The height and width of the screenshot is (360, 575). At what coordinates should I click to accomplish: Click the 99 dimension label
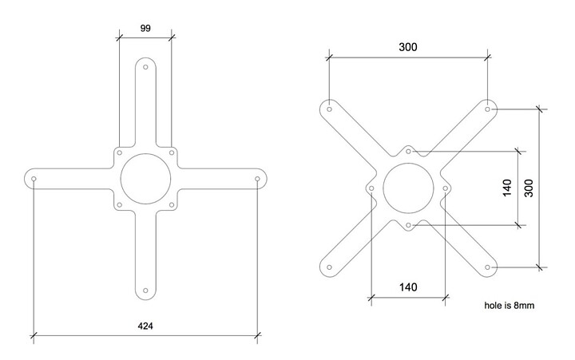pyautogui.click(x=145, y=28)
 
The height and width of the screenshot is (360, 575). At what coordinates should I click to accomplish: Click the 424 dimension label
pyautogui.click(x=145, y=326)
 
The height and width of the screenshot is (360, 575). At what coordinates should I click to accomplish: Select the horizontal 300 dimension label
pyautogui.click(x=408, y=47)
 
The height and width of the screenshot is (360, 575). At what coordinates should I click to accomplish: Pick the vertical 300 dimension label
pyautogui.click(x=529, y=188)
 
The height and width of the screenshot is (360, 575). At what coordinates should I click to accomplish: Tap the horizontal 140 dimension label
pyautogui.click(x=408, y=287)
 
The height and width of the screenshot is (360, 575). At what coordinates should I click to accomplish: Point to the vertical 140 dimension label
pyautogui.click(x=507, y=188)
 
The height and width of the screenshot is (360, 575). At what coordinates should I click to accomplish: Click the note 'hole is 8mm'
pyautogui.click(x=509, y=306)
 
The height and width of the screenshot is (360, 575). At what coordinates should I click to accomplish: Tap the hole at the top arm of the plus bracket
pyautogui.click(x=145, y=67)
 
